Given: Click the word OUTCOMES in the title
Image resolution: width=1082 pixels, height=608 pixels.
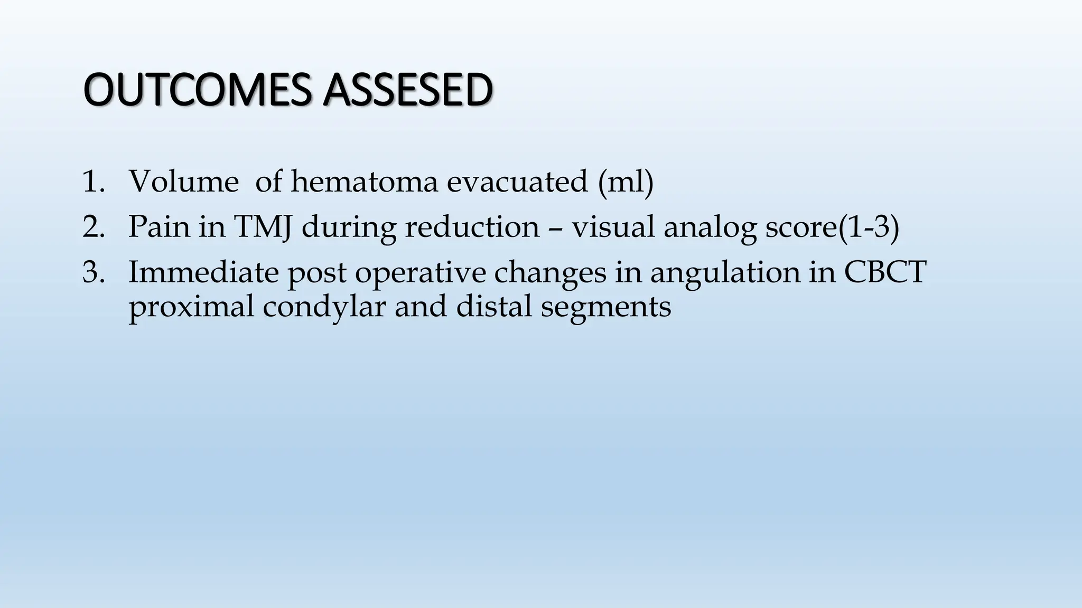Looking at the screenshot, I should click(x=201, y=90).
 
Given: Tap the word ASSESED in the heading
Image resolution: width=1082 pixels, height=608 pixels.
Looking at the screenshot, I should click(x=407, y=90).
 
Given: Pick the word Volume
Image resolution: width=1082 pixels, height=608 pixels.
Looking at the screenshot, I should click(x=183, y=182).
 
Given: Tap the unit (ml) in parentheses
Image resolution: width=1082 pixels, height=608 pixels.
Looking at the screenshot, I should click(x=626, y=183).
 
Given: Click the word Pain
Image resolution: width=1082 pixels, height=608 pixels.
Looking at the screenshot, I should click(x=159, y=227).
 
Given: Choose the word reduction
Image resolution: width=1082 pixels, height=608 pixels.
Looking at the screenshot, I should click(x=472, y=227).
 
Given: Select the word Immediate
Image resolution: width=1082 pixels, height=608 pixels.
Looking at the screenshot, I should click(x=203, y=272).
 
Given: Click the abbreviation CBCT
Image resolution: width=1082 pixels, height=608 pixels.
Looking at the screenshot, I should click(x=885, y=272).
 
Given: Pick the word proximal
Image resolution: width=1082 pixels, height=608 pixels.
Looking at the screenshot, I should click(x=191, y=307).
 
